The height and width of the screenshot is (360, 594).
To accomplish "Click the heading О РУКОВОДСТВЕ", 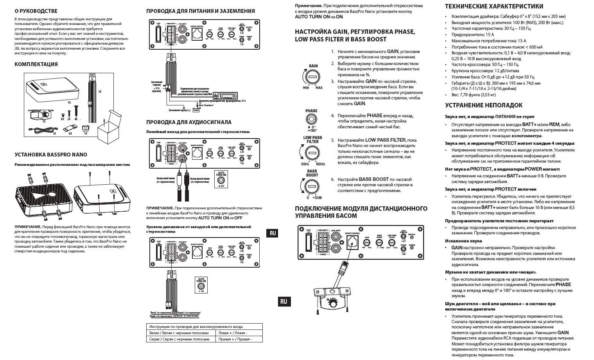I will [x=36, y=11].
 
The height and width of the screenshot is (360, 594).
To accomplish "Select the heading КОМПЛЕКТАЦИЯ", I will [x=36, y=64].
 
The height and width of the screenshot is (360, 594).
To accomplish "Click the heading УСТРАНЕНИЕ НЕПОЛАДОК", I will [x=483, y=105].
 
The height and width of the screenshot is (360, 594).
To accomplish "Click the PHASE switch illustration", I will [x=311, y=120].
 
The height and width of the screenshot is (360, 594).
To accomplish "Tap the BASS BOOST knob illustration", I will [x=312, y=185].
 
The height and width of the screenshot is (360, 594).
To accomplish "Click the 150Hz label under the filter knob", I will [x=320, y=164].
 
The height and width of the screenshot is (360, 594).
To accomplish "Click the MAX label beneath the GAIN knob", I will [x=319, y=88].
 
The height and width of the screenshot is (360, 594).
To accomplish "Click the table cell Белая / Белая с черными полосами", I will [x=181, y=333].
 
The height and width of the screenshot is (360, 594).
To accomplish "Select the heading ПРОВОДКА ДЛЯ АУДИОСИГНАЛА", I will [x=188, y=122].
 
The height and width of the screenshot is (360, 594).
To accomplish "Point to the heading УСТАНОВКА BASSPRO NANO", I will [x=51, y=155].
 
